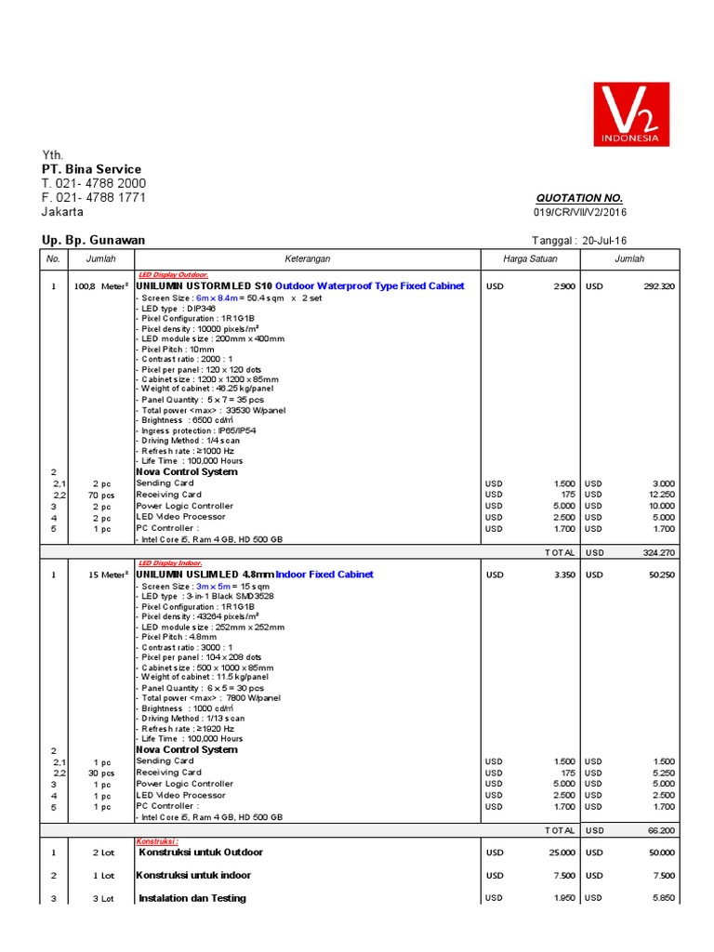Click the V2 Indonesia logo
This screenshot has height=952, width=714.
click(631, 113)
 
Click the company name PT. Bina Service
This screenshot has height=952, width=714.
click(91, 169)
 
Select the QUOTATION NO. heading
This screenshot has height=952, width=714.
click(579, 198)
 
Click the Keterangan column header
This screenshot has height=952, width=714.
click(307, 259)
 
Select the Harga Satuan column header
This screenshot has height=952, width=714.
click(530, 259)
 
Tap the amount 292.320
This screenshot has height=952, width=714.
click(656, 286)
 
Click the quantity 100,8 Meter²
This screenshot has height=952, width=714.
click(100, 286)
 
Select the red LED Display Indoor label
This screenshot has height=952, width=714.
click(168, 563)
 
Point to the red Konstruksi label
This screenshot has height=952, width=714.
click(157, 840)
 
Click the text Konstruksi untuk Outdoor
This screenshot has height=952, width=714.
click(201, 853)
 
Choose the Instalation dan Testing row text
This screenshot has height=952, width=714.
click(192, 898)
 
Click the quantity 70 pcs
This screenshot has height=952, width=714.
click(101, 496)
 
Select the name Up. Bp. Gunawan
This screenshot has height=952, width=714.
click(93, 240)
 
